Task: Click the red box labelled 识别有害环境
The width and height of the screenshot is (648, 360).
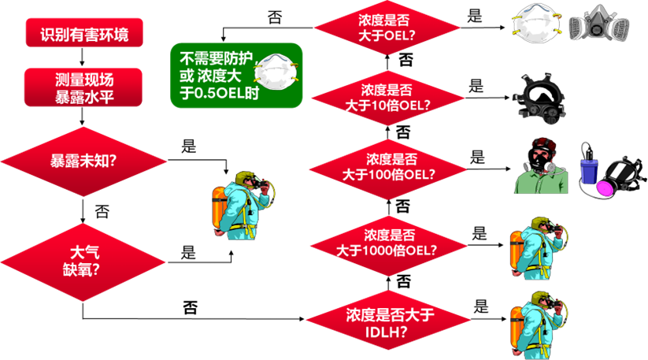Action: pos(84,35)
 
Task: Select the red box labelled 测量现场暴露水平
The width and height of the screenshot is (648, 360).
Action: pos(84,87)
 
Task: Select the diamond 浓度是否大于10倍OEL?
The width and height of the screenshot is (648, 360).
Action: pos(387,97)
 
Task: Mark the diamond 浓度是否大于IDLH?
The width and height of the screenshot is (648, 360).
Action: pos(387,322)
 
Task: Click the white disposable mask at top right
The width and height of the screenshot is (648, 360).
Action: pos(535,24)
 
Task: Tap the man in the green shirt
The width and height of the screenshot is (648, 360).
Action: pos(541,166)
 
